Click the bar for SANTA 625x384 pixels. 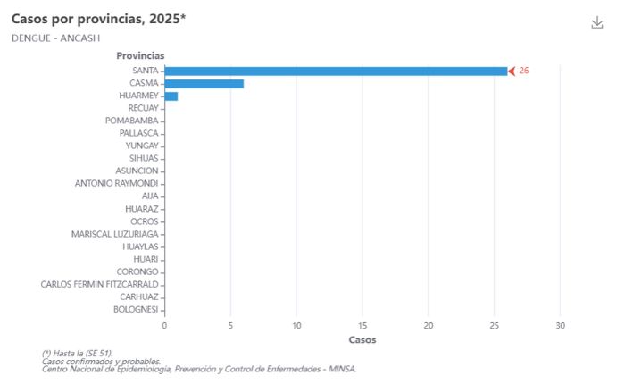[x=335, y=71]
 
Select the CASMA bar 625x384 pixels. [x=204, y=83]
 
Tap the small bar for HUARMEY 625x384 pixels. [x=171, y=96]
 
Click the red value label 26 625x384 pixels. [x=524, y=71]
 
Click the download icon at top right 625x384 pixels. [x=597, y=22]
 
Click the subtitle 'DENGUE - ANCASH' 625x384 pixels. [x=55, y=38]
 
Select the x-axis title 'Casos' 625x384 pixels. [x=362, y=339]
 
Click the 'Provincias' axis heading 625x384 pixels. [x=140, y=55]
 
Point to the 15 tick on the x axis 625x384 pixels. [x=362, y=325]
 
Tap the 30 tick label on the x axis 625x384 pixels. [x=560, y=325]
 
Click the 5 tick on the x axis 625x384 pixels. [x=230, y=325]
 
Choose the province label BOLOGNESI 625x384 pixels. [x=136, y=309]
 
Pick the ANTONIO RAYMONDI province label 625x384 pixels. [x=116, y=183]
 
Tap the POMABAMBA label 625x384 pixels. [x=131, y=121]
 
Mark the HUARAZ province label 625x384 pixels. [x=141, y=208]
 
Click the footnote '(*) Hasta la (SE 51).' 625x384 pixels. [x=77, y=354]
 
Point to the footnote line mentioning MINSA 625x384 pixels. [x=198, y=369]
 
